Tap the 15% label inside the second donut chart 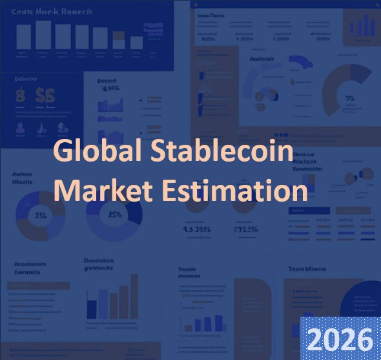coord(115,215)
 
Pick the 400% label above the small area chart coord(108,89)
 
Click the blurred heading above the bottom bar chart coord(98,264)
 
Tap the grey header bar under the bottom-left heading coord(39,285)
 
